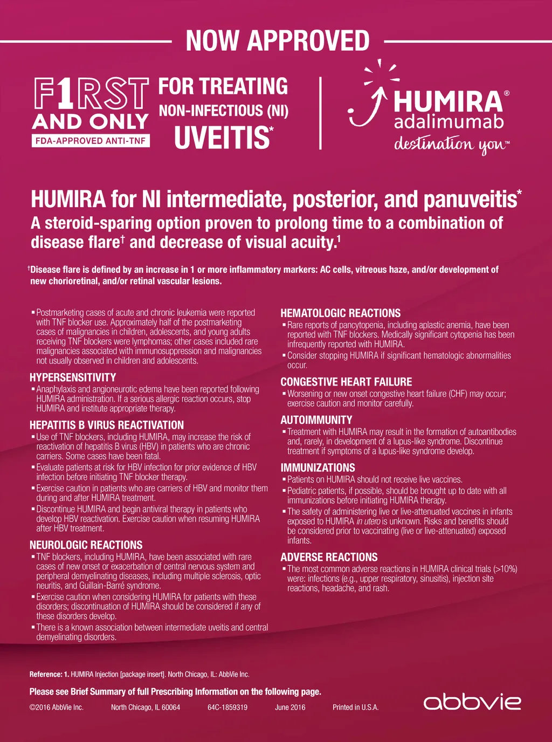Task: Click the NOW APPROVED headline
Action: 278,41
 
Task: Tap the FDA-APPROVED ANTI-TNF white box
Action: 91,141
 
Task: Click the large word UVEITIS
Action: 222,137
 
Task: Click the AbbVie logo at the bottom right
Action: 472,702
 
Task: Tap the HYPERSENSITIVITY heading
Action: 73,377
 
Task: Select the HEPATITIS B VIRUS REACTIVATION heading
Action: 107,425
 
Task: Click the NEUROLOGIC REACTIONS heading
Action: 86,545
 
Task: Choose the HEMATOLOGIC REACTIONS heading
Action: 341,313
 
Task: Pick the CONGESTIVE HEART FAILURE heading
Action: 346,382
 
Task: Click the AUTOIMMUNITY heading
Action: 316,420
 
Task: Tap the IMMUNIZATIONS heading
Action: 318,468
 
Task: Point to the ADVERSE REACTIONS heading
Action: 329,557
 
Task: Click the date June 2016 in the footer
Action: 290,707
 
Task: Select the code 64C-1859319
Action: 227,707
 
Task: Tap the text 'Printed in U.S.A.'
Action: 356,707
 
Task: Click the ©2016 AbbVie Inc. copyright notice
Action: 57,707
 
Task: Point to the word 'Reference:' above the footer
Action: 46,674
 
